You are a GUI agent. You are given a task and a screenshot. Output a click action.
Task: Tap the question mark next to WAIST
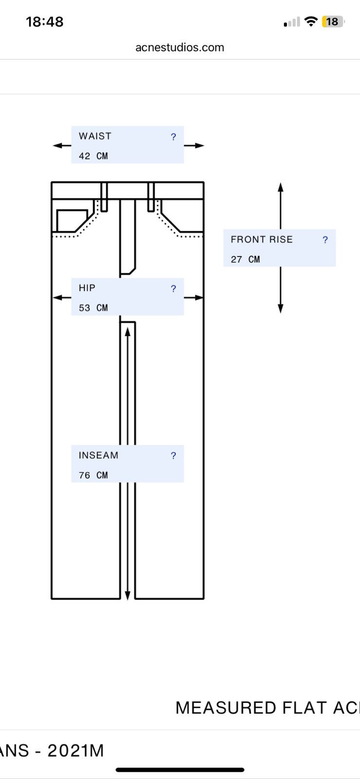(173, 137)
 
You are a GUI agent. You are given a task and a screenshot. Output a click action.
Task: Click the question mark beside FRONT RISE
(325, 240)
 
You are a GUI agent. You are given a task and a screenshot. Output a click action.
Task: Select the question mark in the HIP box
(173, 289)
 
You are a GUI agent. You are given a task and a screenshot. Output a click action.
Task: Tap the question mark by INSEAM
(173, 456)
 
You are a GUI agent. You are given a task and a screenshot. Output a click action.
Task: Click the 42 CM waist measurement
(93, 156)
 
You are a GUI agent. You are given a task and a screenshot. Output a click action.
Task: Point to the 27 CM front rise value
(245, 260)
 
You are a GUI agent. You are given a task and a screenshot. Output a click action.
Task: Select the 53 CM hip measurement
(93, 308)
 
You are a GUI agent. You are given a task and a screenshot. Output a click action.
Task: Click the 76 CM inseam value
(93, 475)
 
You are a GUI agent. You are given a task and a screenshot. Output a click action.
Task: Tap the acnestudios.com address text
(180, 47)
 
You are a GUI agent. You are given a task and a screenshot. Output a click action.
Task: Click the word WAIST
(95, 136)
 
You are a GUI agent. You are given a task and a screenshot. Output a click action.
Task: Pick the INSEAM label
(98, 455)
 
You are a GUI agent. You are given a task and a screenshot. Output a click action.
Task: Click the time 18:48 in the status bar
(44, 21)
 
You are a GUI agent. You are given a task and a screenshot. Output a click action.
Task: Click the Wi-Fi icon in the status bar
(311, 21)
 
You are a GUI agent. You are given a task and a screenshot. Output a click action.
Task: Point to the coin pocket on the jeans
(72, 221)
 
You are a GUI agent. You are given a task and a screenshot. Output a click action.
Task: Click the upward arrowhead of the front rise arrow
(281, 187)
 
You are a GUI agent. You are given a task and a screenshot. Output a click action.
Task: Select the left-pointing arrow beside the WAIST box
(62, 146)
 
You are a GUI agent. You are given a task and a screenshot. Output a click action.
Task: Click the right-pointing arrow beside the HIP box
(194, 297)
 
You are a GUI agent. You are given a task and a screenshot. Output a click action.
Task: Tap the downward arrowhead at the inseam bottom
(128, 595)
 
